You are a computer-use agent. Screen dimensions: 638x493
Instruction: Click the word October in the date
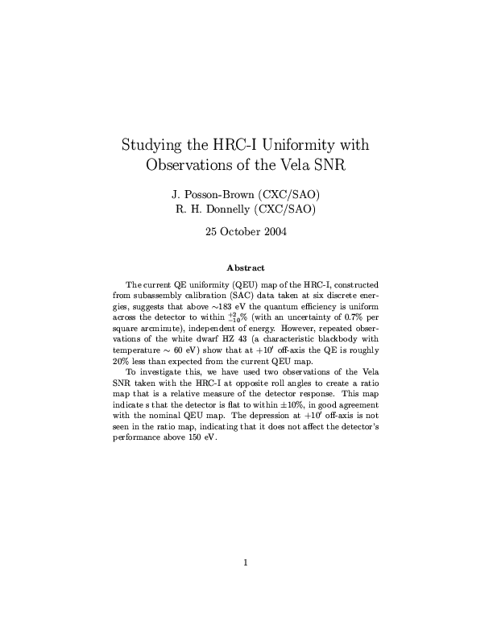pyautogui.click(x=241, y=232)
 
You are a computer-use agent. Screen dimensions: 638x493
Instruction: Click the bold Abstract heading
pyautogui.click(x=246, y=267)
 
